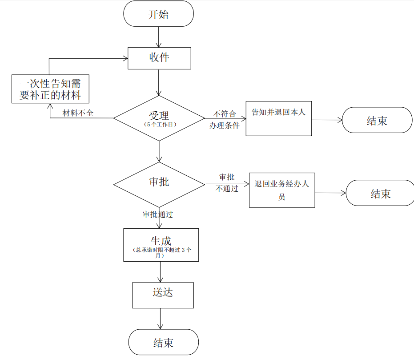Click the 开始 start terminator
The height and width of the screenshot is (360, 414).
pyautogui.click(x=158, y=14)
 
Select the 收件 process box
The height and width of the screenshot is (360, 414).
pyautogui.click(x=159, y=58)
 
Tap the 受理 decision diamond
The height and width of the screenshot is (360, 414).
pyautogui.click(x=159, y=118)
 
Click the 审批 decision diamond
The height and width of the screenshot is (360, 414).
pyautogui.click(x=159, y=184)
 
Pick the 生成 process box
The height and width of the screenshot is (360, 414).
pyautogui.click(x=161, y=244)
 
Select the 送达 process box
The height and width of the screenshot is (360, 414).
pyautogui.click(x=163, y=295)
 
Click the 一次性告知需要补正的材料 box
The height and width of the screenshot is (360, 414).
pyautogui.click(x=50, y=89)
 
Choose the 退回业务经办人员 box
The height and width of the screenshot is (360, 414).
pyautogui.click(x=281, y=190)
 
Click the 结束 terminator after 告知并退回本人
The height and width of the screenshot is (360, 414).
pyautogui.click(x=377, y=120)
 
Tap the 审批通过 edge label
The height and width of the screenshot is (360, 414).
pyautogui.click(x=157, y=214)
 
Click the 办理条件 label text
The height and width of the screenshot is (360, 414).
pyautogui.click(x=225, y=125)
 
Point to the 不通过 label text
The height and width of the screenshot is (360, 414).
pyautogui.click(x=227, y=189)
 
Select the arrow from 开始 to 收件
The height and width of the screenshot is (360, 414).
pyautogui.click(x=159, y=36)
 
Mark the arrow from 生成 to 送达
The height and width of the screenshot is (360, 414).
pyautogui.click(x=160, y=271)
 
